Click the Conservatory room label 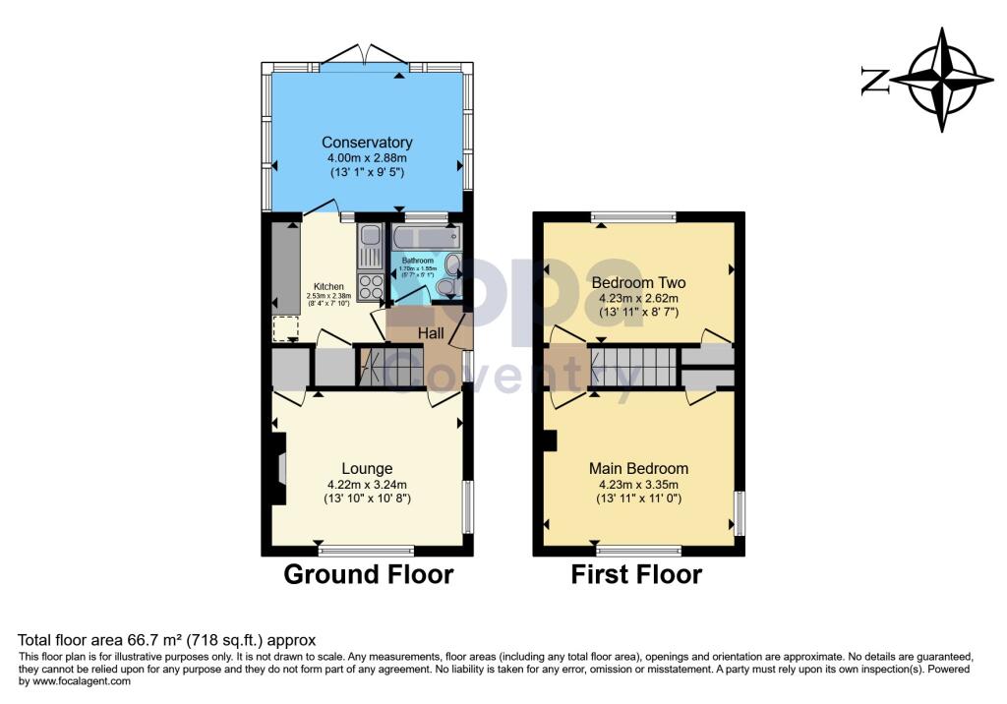(367, 143)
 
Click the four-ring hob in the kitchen (372, 286)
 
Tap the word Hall (432, 334)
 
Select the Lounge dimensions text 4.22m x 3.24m (367, 484)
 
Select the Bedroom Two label (638, 282)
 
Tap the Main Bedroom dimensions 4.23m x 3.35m (638, 484)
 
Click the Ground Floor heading (368, 574)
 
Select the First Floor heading (636, 574)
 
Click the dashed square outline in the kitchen (285, 328)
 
